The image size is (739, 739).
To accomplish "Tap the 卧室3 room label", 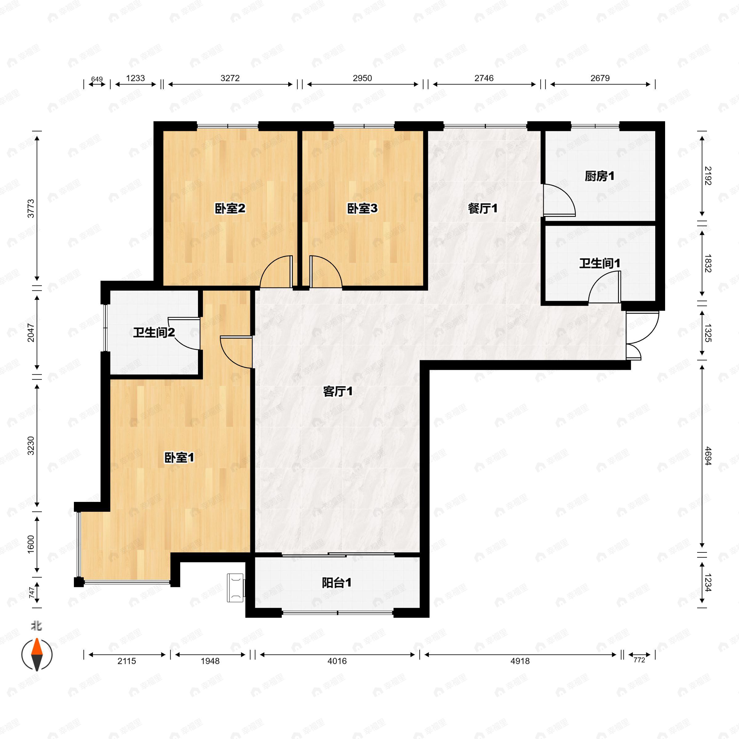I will (362, 208).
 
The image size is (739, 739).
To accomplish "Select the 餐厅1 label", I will (483, 208).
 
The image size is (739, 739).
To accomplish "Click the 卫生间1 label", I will (600, 263).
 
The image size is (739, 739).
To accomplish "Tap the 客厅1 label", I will (338, 391).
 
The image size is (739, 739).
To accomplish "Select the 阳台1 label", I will (337, 583).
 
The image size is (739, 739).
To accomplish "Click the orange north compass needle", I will (37, 647).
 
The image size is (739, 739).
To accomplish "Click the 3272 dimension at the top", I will (230, 78).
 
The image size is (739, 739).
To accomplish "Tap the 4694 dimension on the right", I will (708, 456).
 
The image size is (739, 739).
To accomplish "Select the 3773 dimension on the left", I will (30, 208).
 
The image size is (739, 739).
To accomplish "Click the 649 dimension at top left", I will (97, 79).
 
